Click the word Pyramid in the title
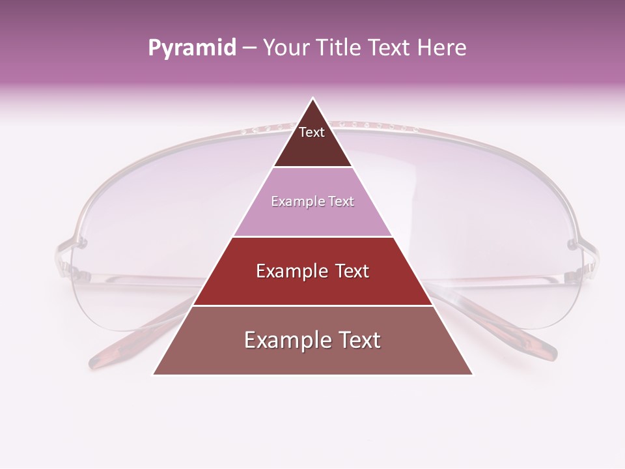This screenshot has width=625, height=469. pyautogui.click(x=192, y=48)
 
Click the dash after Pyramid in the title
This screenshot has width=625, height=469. pyautogui.click(x=249, y=48)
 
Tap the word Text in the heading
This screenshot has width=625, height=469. pyautogui.click(x=389, y=48)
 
